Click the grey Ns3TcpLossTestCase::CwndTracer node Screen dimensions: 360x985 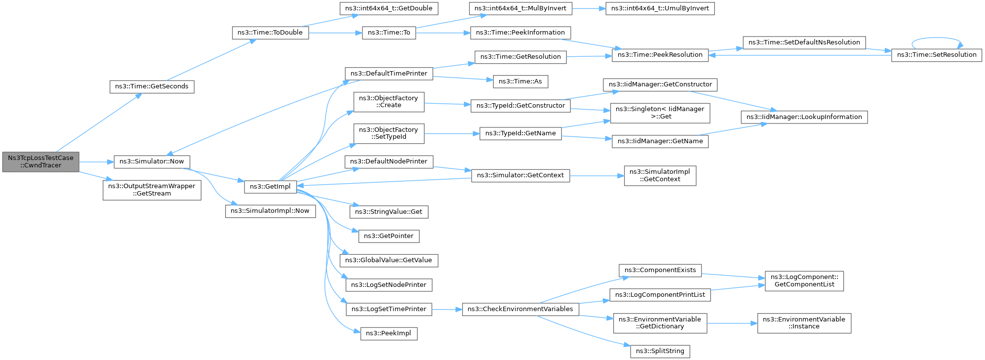click(40, 161)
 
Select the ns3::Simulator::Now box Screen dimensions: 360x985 click(152, 161)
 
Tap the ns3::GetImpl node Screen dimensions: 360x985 click(270, 187)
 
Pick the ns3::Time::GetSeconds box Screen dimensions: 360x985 click(152, 86)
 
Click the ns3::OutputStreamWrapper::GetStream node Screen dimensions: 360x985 click(152, 190)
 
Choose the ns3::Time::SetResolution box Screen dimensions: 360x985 click(936, 55)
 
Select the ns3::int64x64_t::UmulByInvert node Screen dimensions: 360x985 click(660, 8)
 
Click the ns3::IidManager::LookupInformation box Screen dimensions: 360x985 click(804, 117)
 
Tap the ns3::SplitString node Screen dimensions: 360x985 click(660, 351)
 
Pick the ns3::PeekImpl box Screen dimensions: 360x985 click(389, 333)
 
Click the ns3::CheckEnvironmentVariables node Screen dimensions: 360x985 click(520, 309)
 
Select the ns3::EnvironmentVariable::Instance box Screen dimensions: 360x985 click(804, 323)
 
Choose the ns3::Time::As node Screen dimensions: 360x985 click(520, 81)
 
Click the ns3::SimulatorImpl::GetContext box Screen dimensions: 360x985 click(660, 175)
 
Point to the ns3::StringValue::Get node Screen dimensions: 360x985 click(389, 212)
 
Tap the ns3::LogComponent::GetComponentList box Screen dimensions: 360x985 click(804, 280)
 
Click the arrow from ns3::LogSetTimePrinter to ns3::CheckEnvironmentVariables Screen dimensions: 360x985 click(447, 309)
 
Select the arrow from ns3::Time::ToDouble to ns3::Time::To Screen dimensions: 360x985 click(335, 33)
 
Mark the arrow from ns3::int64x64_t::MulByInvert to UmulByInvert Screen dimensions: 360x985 click(589, 8)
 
